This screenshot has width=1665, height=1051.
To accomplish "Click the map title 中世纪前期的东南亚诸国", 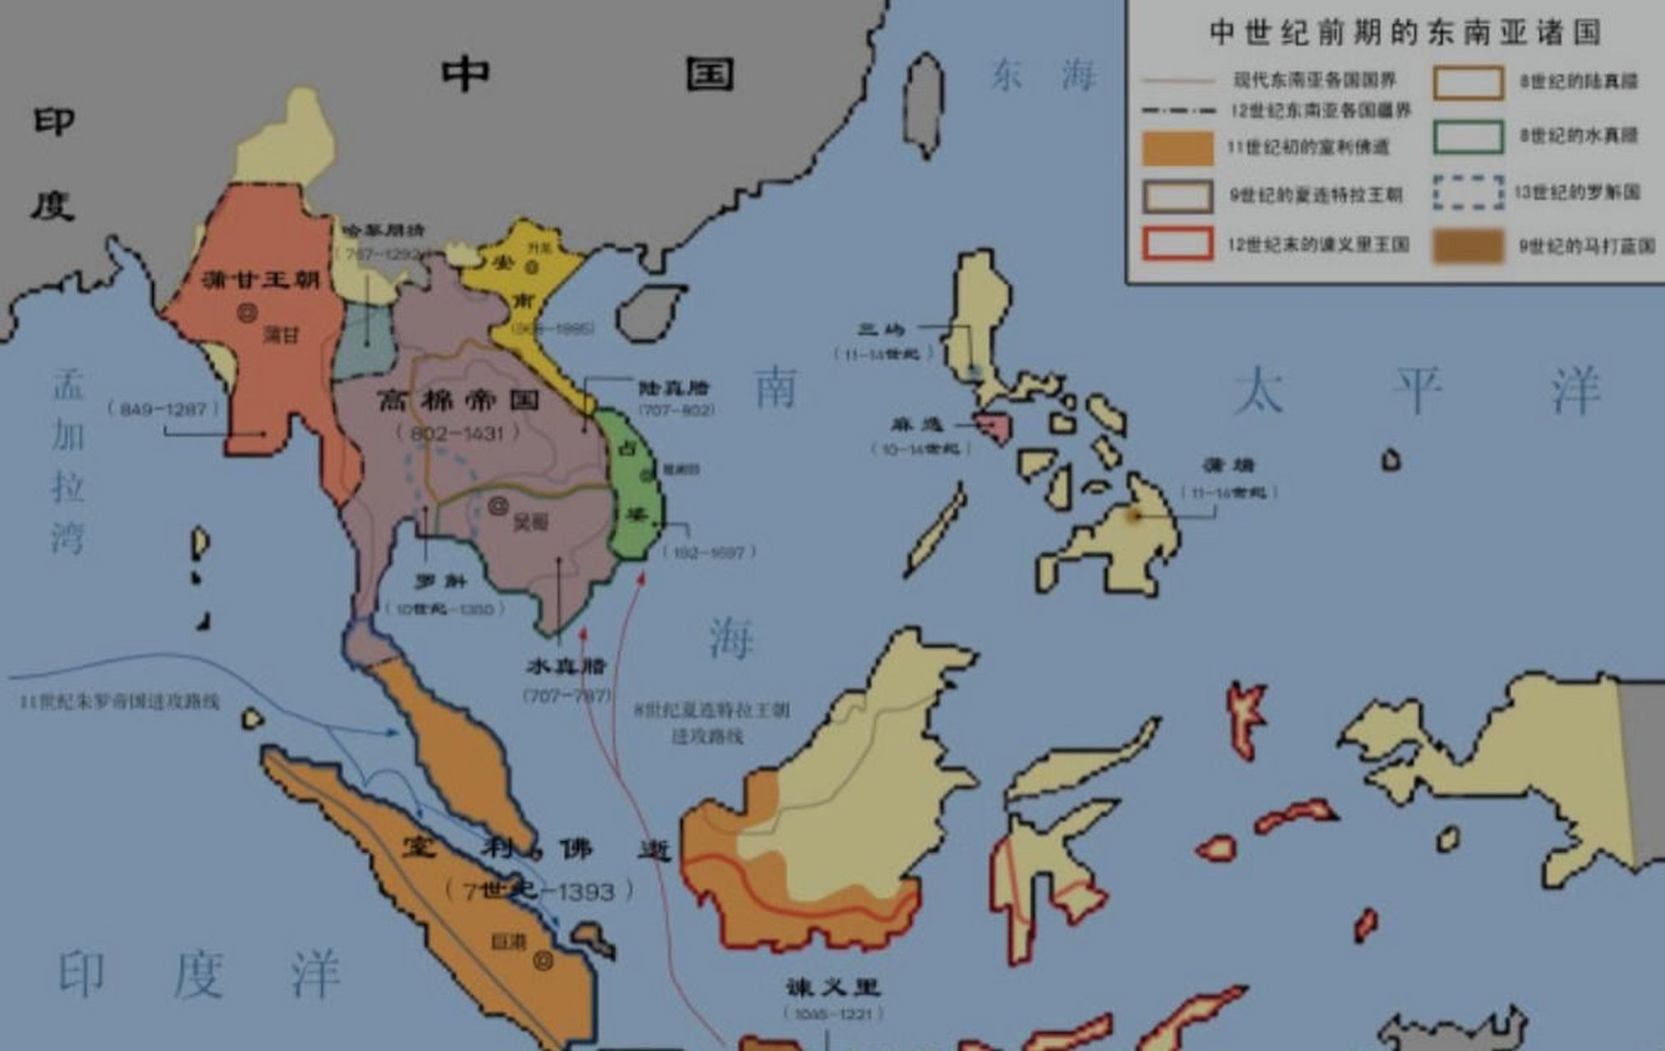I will (x=1405, y=33).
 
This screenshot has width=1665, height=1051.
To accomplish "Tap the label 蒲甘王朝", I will (x=261, y=280).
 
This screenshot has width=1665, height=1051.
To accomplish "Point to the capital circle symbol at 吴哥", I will (x=498, y=506).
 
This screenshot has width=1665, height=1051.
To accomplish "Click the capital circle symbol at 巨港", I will (x=543, y=960).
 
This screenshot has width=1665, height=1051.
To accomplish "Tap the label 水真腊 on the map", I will (x=566, y=667).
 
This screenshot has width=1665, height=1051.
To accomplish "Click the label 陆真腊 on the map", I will (x=673, y=388).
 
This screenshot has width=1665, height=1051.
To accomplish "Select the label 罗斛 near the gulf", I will (x=441, y=582).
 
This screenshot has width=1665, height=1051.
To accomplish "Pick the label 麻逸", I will (x=917, y=425).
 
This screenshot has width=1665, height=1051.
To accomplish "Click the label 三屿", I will (x=881, y=330).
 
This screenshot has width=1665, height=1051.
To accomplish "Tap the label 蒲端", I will (x=1229, y=466).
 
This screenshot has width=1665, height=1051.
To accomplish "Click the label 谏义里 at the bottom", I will (x=832, y=987).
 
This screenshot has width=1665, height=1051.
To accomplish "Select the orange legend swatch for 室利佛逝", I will (x=1177, y=149).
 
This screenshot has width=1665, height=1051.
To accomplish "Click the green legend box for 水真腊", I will (x=1468, y=137).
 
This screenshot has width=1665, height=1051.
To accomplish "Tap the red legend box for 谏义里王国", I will (x=1177, y=244).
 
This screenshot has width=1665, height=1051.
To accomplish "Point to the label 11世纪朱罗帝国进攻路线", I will (x=120, y=702).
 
